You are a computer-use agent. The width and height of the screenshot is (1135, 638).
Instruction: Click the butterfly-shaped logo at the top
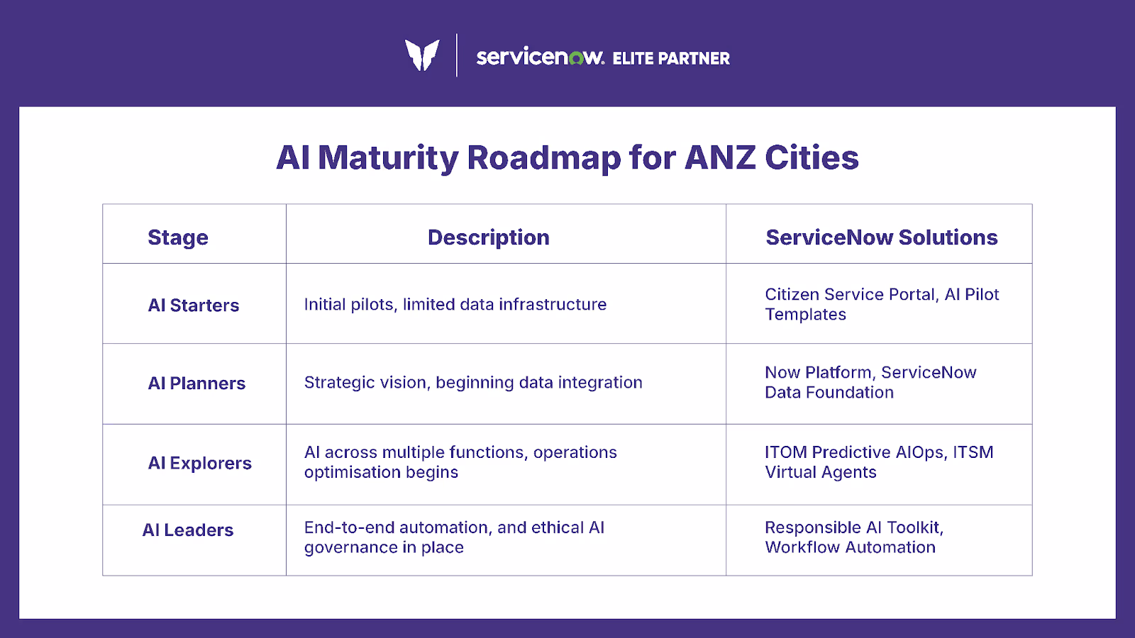[x=422, y=55]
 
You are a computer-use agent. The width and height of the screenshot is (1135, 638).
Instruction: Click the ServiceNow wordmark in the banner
[x=540, y=57]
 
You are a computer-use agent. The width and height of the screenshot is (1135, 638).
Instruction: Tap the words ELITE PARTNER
[x=670, y=59]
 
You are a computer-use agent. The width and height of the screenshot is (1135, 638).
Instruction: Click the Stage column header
[x=178, y=237]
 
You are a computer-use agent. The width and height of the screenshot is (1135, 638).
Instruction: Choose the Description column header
[x=488, y=237]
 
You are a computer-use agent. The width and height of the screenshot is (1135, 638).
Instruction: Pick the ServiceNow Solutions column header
[x=881, y=237]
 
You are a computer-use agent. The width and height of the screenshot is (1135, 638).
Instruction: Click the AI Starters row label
[x=194, y=306]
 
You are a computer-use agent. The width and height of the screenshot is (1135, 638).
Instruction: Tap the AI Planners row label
[x=196, y=384]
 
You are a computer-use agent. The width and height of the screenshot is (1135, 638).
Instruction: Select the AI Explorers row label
[x=199, y=463]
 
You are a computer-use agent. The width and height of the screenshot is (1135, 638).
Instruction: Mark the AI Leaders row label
[x=188, y=530]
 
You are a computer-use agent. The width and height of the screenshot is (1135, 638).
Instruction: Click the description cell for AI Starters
[x=455, y=305]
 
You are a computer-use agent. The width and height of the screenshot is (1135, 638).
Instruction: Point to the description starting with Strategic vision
[x=473, y=383]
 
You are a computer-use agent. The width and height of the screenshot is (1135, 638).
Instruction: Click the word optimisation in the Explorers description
[x=350, y=473]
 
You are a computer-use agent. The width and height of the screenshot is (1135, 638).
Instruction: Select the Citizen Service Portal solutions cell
[x=881, y=304]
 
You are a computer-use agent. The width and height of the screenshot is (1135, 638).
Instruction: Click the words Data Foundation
[x=829, y=393]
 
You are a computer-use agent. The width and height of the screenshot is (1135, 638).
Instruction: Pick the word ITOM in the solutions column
[x=785, y=452]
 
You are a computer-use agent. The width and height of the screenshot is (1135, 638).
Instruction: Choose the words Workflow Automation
[x=850, y=548]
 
